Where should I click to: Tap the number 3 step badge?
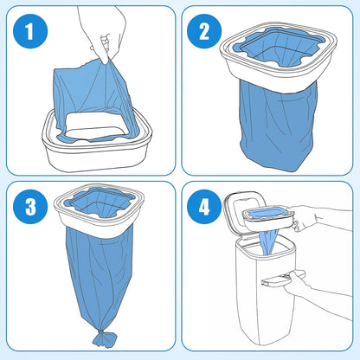point(29,208)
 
